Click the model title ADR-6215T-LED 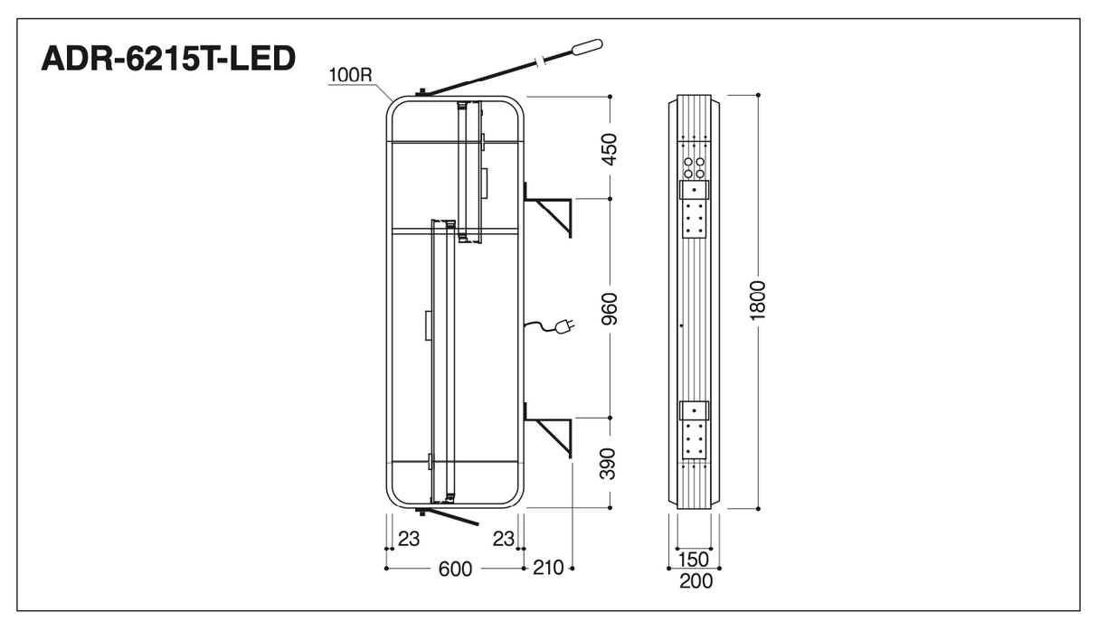pyautogui.click(x=168, y=58)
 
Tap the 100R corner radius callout pyautogui.click(x=350, y=75)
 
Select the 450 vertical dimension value pyautogui.click(x=610, y=149)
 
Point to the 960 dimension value pyautogui.click(x=610, y=308)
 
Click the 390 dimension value pyautogui.click(x=608, y=464)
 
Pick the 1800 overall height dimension pyautogui.click(x=758, y=301)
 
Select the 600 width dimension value pyautogui.click(x=455, y=569)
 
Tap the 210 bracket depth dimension pyautogui.click(x=548, y=568)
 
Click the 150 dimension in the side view pyautogui.click(x=694, y=559)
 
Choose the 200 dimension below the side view pyautogui.click(x=696, y=581)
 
